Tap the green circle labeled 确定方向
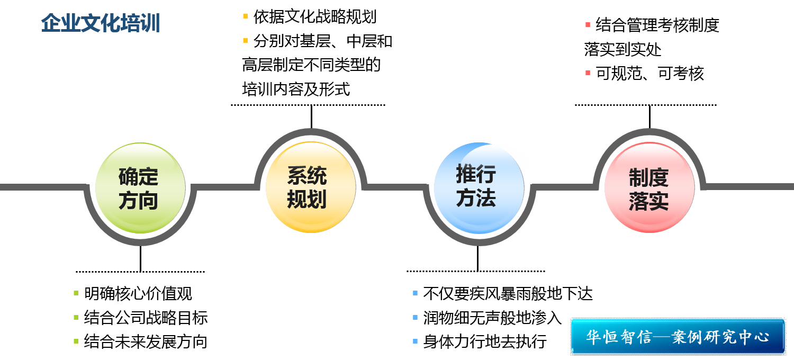coord(140,188)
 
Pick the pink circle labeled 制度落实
coord(649,187)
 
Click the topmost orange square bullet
coord(245,16)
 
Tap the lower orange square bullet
coord(245,40)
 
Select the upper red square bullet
coord(588,25)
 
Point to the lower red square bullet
coord(588,73)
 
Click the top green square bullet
coord(76,293)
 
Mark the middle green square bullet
coord(76,317)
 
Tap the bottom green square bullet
coord(76,341)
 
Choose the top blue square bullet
coord(415,293)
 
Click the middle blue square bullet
coord(415,317)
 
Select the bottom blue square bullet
coord(415,341)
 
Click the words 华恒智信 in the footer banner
coord(618,337)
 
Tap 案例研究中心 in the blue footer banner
coord(720,337)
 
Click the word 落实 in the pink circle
coord(648,202)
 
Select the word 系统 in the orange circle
coord(307,175)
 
